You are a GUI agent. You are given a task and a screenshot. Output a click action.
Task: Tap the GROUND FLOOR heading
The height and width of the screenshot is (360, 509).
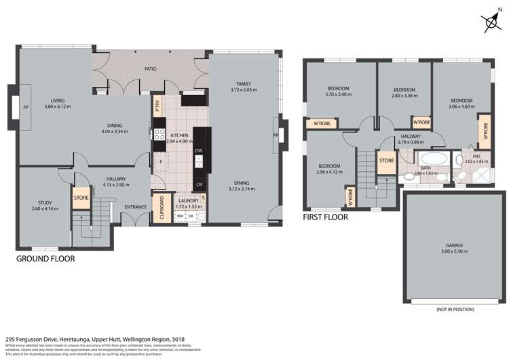tap(45, 259)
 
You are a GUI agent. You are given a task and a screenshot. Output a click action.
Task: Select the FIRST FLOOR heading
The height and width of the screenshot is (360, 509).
tap(325, 217)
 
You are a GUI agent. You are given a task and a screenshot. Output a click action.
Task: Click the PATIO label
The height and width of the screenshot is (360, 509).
tap(151, 69)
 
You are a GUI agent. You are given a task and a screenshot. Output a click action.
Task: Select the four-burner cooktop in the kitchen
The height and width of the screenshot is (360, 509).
tap(159, 134)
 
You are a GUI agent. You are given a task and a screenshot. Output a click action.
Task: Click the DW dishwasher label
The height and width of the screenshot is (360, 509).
tap(199, 150)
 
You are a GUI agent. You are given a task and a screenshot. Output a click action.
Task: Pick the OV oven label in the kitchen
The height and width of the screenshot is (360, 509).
tap(199, 184)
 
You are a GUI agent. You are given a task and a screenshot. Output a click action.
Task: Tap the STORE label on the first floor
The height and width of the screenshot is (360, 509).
tap(386, 161)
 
